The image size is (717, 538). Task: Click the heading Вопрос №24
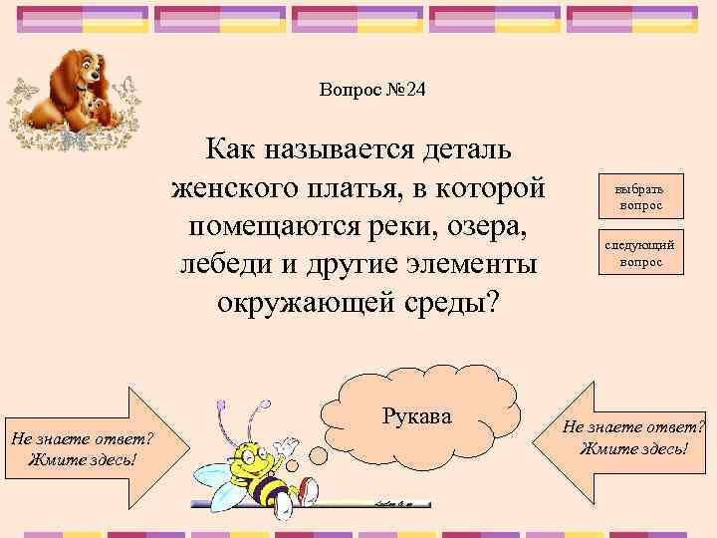[x=372, y=90]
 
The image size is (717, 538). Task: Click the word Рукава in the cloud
[x=417, y=414]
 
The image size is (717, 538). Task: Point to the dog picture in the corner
[x=73, y=96]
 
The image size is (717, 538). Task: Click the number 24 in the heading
[x=413, y=90]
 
